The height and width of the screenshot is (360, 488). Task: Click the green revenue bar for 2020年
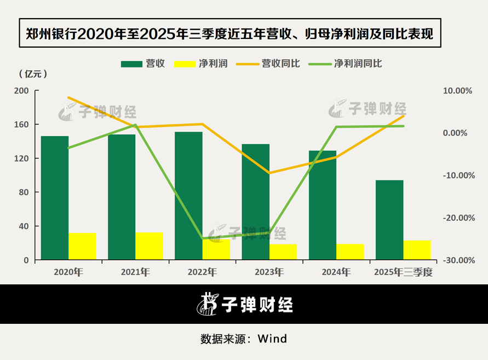pyautogui.click(x=55, y=197)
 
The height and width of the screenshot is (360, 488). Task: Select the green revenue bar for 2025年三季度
pyautogui.click(x=389, y=220)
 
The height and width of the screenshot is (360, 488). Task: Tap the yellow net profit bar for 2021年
pyautogui.click(x=149, y=246)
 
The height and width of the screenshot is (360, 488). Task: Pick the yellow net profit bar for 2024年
pyautogui.click(x=350, y=252)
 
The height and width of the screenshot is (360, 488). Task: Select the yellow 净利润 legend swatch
pyautogui.click(x=184, y=64)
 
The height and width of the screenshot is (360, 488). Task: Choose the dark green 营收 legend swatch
pyautogui.click(x=131, y=64)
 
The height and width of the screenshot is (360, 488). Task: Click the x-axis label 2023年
pyautogui.click(x=268, y=272)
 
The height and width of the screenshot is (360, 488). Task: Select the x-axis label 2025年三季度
pyautogui.click(x=403, y=272)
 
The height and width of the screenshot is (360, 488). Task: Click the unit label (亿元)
pyautogui.click(x=33, y=74)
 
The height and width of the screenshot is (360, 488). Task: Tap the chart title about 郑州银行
pyautogui.click(x=230, y=35)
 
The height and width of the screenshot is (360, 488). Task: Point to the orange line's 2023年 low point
pyautogui.click(x=269, y=173)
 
